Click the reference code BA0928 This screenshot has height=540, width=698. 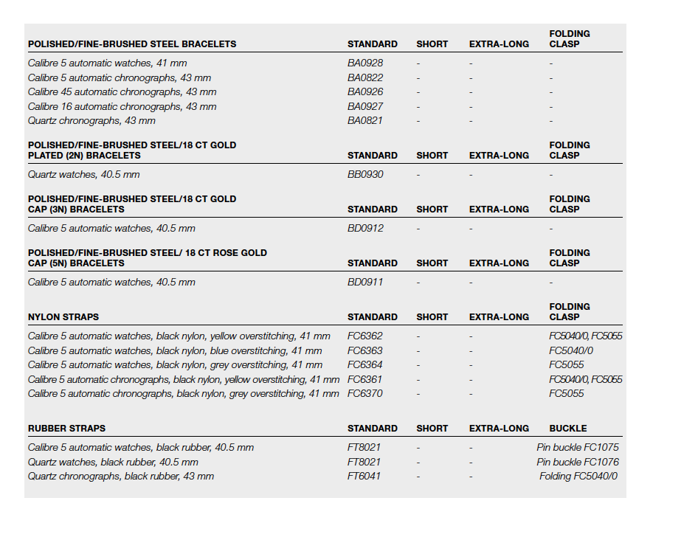pyautogui.click(x=365, y=63)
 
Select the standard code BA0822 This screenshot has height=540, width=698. pyautogui.click(x=365, y=77)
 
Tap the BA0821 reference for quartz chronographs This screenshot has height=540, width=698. pyautogui.click(x=365, y=121)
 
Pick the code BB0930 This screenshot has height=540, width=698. pyautogui.click(x=365, y=175)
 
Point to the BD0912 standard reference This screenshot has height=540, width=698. pyautogui.click(x=365, y=229)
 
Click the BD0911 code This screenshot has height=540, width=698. pyautogui.click(x=365, y=283)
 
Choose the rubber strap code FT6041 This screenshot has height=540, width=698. pyautogui.click(x=364, y=477)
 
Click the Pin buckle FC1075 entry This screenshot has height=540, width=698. pyautogui.click(x=578, y=448)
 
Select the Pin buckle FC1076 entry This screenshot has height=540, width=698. pyautogui.click(x=578, y=463)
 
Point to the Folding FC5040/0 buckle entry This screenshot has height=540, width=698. pyautogui.click(x=578, y=477)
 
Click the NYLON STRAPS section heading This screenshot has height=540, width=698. pyautogui.click(x=63, y=317)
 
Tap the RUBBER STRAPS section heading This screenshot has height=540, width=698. pyautogui.click(x=66, y=429)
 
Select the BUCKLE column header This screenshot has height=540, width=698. pyautogui.click(x=568, y=429)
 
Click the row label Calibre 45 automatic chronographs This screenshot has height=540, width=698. pyautogui.click(x=122, y=92)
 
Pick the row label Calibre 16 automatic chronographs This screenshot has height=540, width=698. pyautogui.click(x=122, y=107)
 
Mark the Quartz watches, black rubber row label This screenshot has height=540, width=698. pyautogui.click(x=113, y=463)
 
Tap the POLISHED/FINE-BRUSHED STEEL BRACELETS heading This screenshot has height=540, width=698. pyautogui.click(x=132, y=44)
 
